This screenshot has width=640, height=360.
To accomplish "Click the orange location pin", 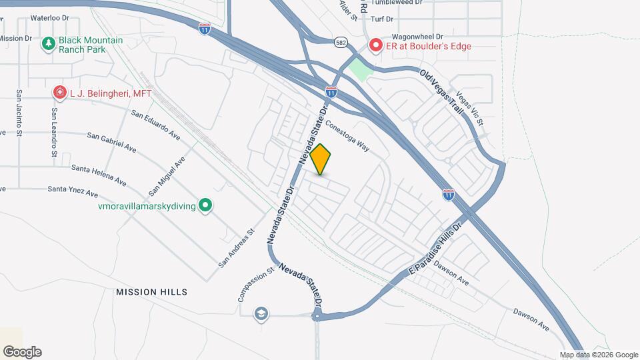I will tap(321, 159).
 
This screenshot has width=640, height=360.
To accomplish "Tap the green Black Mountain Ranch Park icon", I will tap(48, 44).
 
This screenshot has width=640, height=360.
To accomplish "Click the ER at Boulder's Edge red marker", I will tap(375, 46).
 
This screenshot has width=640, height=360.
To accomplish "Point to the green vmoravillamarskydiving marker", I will tap(207, 206).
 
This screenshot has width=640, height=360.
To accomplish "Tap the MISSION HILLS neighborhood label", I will tap(151, 292).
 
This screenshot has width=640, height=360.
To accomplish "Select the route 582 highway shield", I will tap(341, 42).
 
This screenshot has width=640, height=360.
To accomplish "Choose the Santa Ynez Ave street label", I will tap(73, 191).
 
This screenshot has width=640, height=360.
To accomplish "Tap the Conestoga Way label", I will tap(347, 135).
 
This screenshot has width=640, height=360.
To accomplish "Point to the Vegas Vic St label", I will tap(470, 109).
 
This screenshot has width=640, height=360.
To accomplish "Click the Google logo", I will tap(22, 351).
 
